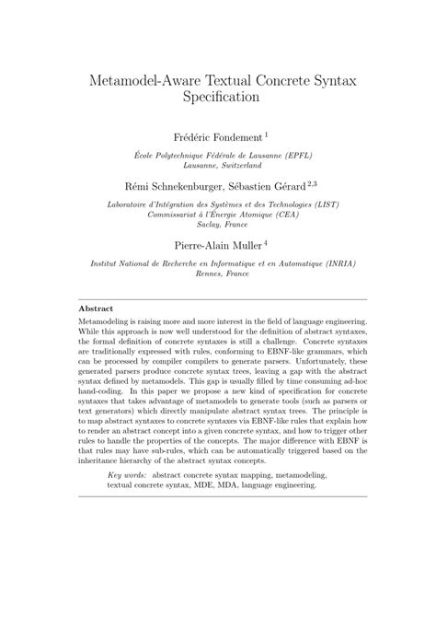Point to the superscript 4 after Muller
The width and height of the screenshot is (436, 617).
[265, 241]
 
